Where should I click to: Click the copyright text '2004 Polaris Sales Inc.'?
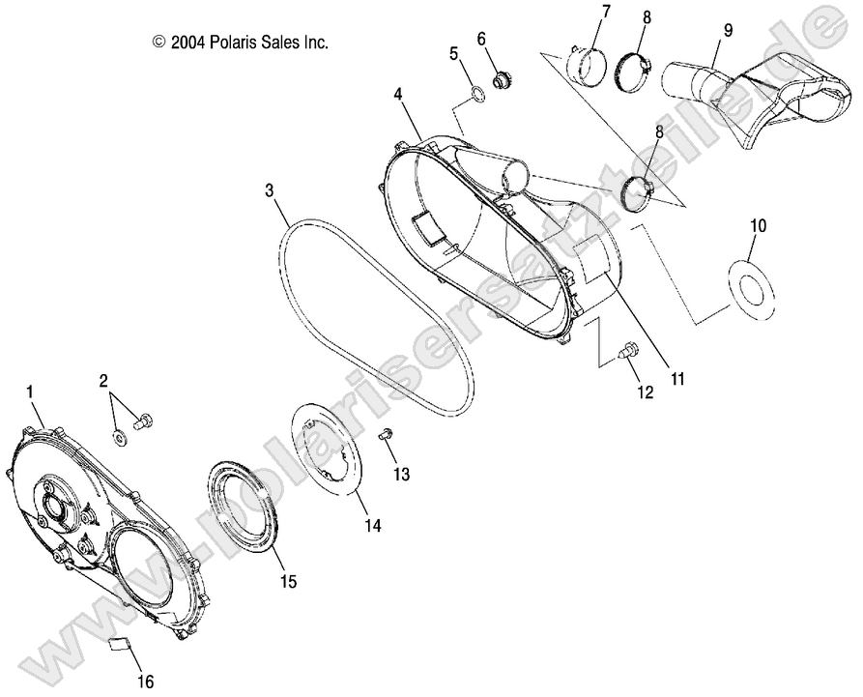pos(241,43)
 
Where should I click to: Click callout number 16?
pos(147,682)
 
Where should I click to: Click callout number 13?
pos(400,474)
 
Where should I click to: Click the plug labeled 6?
pos(501,79)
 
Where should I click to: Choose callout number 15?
pos(288,582)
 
